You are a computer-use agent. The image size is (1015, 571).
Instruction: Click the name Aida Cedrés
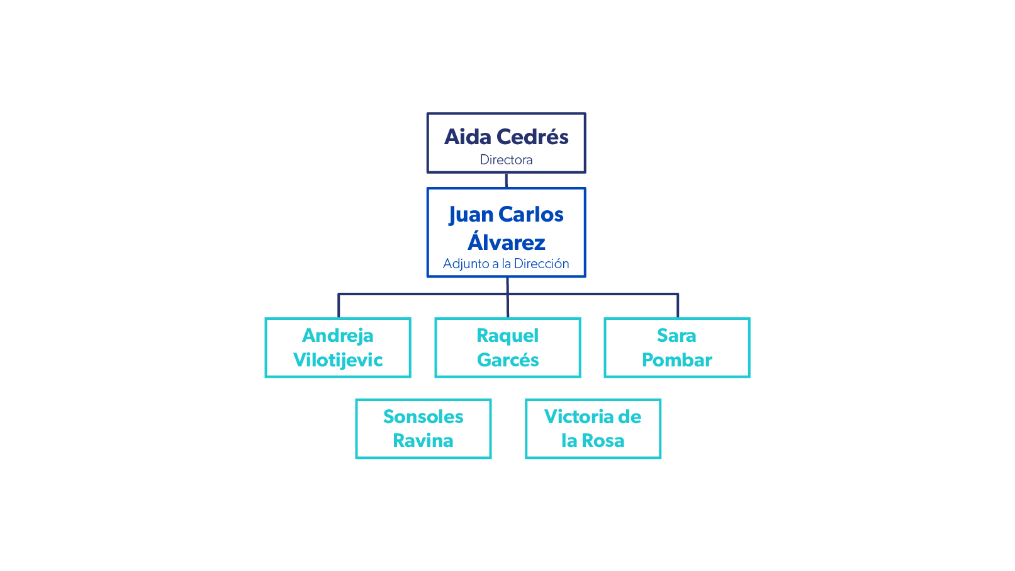[506, 137]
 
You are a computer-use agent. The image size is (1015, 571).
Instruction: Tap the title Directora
[506, 160]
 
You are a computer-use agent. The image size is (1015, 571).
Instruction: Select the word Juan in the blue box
[471, 215]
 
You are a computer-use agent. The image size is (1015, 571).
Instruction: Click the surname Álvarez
[506, 242]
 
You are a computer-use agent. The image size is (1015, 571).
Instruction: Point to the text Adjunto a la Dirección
[506, 264]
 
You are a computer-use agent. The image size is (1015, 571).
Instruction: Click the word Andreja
[338, 336]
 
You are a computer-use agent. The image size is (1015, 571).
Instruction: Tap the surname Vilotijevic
[338, 360]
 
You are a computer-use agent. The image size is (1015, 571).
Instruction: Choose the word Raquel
[507, 336]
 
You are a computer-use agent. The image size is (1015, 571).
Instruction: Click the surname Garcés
[508, 360]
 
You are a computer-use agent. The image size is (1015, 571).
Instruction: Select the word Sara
[676, 336]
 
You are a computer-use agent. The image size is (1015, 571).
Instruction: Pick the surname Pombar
[677, 360]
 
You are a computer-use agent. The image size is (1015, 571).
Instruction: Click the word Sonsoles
[423, 417]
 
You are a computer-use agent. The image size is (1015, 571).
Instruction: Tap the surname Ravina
[423, 441]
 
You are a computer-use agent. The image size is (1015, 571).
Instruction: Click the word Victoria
[579, 417]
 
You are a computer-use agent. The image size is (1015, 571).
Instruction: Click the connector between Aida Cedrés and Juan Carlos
[506, 180]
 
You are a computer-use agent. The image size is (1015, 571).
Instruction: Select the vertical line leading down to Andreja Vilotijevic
[339, 306]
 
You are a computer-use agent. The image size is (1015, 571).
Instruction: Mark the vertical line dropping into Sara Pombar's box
[678, 306]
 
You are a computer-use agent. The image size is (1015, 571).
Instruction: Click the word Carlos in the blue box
[530, 215]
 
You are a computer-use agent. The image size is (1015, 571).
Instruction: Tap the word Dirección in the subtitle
[541, 264]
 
